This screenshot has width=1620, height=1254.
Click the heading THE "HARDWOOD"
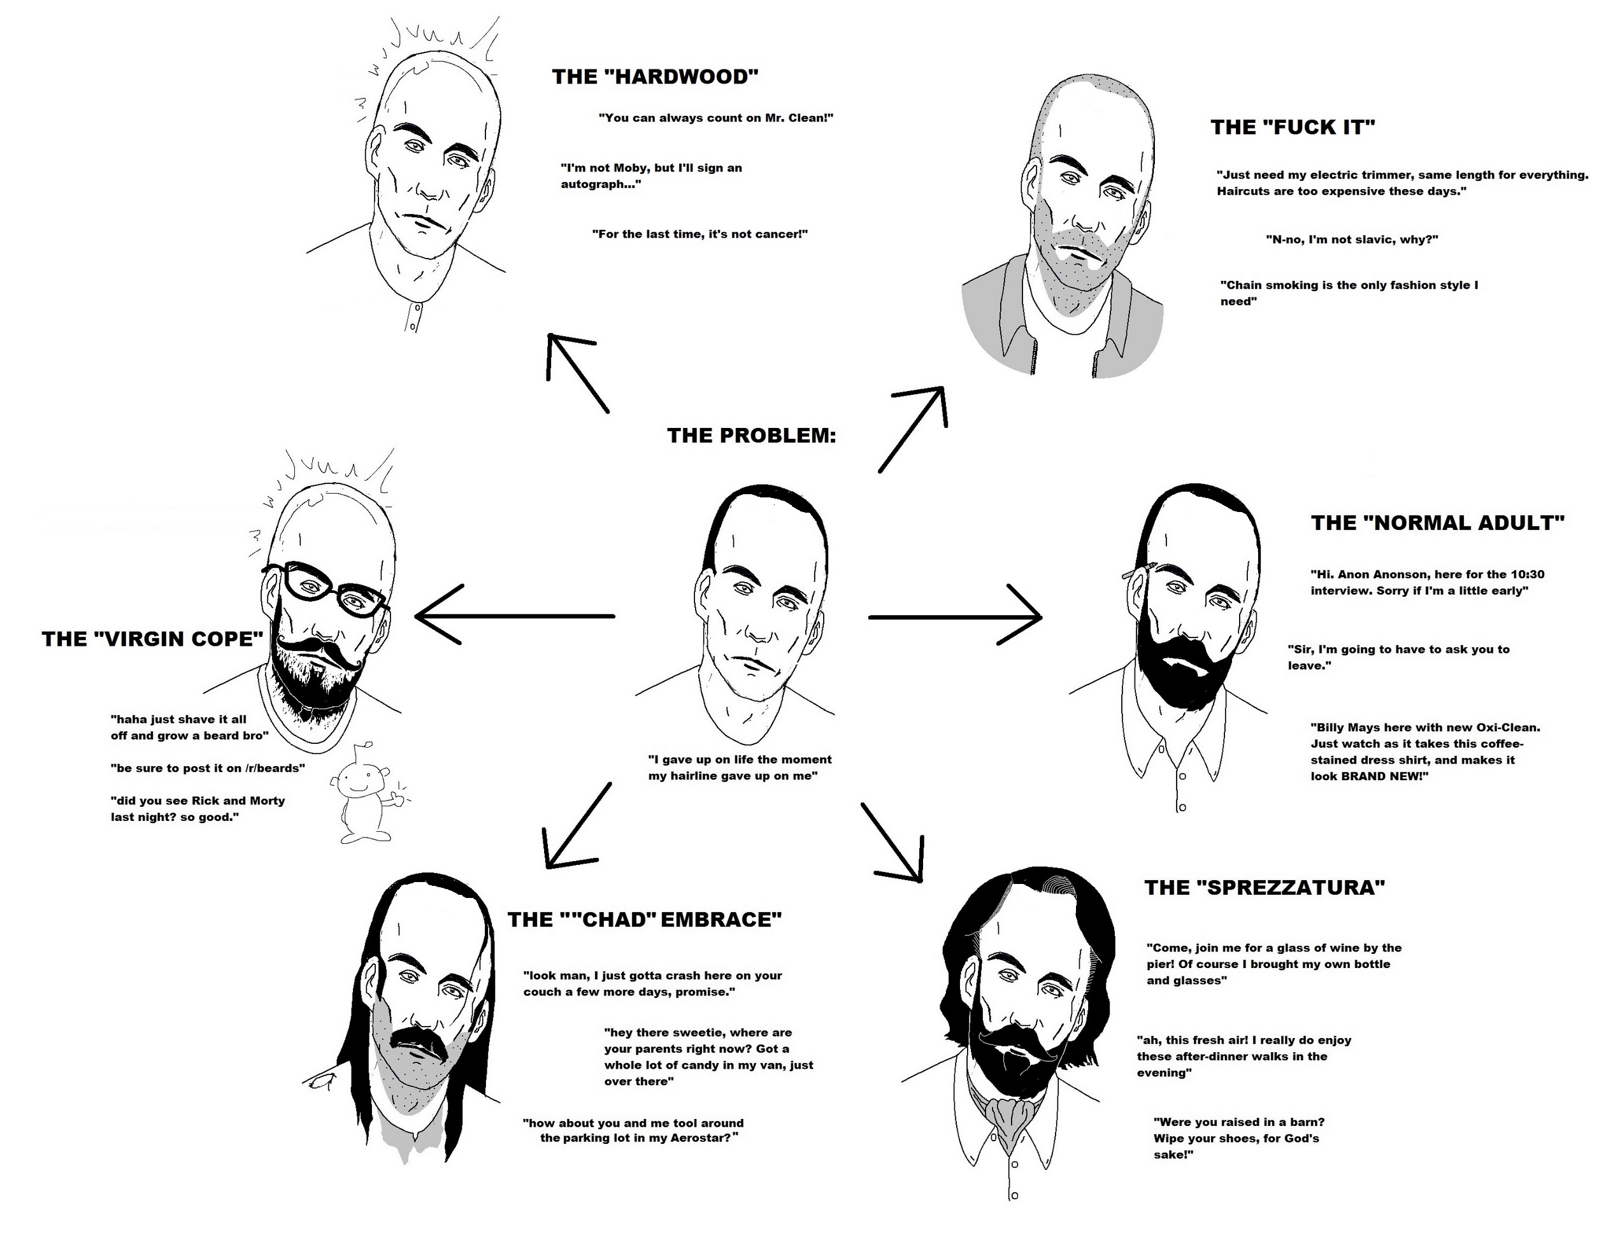[x=655, y=77]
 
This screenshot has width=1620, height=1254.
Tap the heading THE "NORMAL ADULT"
[x=1438, y=523]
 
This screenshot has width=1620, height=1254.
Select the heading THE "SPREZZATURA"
[x=1265, y=888]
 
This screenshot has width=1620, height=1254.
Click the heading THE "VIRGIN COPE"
[x=153, y=639]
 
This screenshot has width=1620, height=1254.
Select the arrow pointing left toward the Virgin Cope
[x=515, y=615]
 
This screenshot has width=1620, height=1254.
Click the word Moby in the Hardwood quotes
[x=631, y=168]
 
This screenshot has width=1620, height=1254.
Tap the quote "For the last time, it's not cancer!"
[x=699, y=234]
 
